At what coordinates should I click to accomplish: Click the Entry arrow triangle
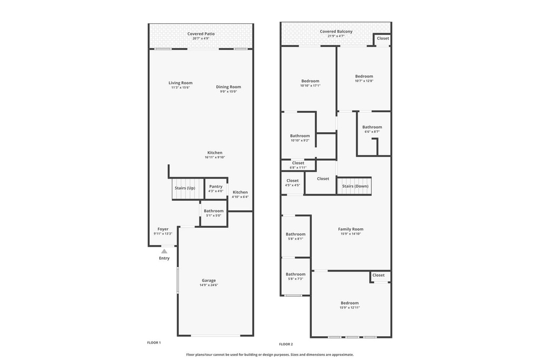click(x=165, y=251)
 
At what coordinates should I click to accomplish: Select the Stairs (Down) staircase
click(x=354, y=186)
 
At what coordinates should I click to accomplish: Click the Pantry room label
click(x=216, y=187)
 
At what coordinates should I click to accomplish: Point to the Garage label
click(x=209, y=280)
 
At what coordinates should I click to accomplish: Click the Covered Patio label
click(x=201, y=34)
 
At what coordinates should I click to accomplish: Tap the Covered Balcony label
click(x=336, y=31)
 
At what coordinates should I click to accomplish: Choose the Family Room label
click(x=351, y=229)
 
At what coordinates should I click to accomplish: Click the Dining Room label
click(x=228, y=87)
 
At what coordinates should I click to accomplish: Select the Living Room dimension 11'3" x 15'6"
click(x=180, y=87)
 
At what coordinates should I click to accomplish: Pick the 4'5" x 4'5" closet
click(x=292, y=183)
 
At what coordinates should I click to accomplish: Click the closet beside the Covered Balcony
click(x=383, y=40)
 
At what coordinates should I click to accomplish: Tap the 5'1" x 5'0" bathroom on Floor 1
click(x=214, y=213)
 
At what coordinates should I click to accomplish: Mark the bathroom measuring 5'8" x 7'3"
click(x=295, y=276)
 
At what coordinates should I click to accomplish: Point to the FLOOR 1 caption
click(x=154, y=343)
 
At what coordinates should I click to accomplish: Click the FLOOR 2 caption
click(x=286, y=344)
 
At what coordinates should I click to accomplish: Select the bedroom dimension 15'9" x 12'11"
click(x=350, y=308)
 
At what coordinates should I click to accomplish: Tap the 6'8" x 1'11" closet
click(x=298, y=166)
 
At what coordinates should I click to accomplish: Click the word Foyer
click(x=163, y=229)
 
